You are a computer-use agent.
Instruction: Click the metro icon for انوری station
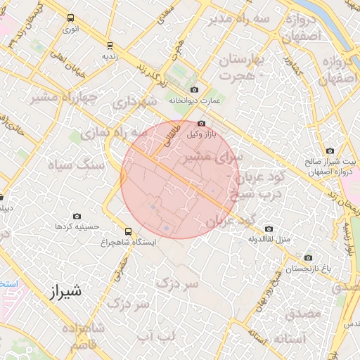[x=70, y=18]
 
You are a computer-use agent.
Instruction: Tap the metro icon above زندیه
[x=109, y=44]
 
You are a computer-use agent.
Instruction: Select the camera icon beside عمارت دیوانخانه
[x=194, y=90]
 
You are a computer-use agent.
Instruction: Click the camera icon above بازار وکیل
[x=201, y=123]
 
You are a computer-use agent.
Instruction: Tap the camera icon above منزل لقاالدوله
[x=269, y=229]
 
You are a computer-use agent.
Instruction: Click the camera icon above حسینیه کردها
[x=77, y=216]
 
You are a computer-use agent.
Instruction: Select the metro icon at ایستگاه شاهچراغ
[x=127, y=231]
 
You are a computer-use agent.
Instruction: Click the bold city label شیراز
[x=67, y=290]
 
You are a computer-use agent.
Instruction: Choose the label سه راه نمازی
[x=112, y=132]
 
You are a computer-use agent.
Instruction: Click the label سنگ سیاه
[x=75, y=166]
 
